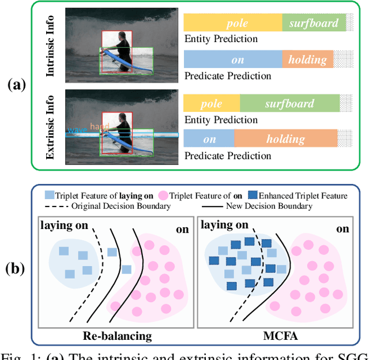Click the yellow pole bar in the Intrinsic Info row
232,23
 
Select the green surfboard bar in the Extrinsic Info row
289,103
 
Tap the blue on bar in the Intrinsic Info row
232,59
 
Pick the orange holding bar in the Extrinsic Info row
285,139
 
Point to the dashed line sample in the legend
55,206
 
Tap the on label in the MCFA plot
342,228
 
